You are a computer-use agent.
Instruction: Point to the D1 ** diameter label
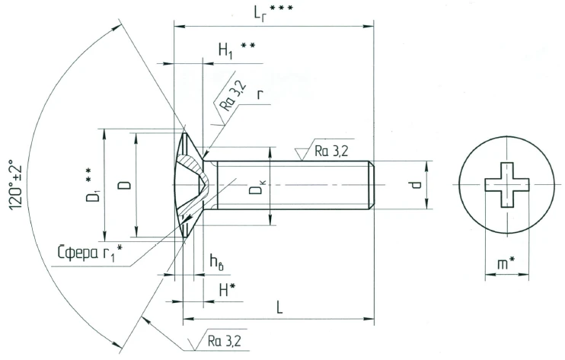(x=93, y=187)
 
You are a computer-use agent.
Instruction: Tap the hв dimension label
(x=217, y=262)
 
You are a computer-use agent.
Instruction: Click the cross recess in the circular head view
(x=503, y=185)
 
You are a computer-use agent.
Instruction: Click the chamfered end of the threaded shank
(x=371, y=184)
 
